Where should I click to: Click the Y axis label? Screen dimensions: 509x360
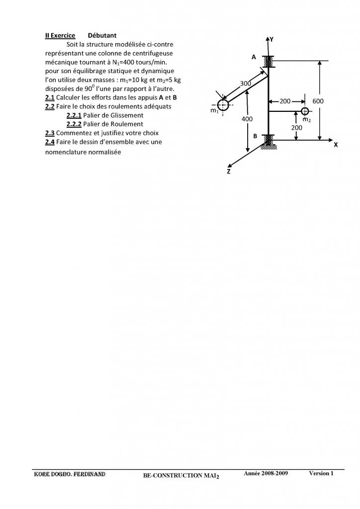pos(271,39)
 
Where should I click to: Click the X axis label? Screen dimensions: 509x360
pos(336,145)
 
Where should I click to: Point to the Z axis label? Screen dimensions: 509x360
pos(229,171)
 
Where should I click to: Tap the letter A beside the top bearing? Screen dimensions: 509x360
pos(254,57)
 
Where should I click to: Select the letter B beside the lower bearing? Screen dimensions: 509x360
pos(255,136)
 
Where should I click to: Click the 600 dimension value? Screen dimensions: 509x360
pos(318,101)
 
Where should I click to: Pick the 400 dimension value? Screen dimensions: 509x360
pos(247,119)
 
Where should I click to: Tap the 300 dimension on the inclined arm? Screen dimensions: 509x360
pos(246,84)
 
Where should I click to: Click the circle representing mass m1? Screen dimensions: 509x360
pos(222,104)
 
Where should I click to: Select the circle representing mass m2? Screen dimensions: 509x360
pos(305,111)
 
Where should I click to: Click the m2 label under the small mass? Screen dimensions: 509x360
pos(307,120)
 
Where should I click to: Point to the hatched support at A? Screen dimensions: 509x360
pos(269,62)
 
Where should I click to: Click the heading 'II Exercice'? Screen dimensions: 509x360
pos(60,36)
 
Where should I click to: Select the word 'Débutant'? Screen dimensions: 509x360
pos(102,36)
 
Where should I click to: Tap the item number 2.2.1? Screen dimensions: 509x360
pos(74,115)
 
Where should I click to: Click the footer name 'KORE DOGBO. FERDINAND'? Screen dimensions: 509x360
pos(69,474)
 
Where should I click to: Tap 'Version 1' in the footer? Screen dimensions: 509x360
pos(321,473)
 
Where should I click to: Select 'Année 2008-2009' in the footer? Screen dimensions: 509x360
pos(266,473)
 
